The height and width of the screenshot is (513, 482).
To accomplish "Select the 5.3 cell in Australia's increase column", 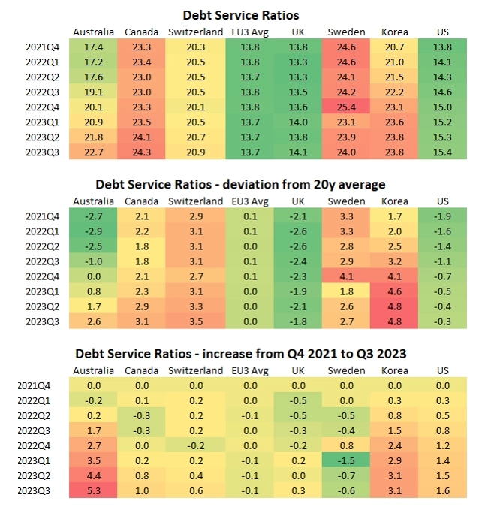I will coord(94,492).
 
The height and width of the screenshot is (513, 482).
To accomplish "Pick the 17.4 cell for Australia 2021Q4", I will coord(94,47).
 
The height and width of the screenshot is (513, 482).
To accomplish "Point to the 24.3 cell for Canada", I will coord(141,153).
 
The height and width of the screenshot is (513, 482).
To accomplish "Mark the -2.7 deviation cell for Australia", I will coord(94,216).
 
